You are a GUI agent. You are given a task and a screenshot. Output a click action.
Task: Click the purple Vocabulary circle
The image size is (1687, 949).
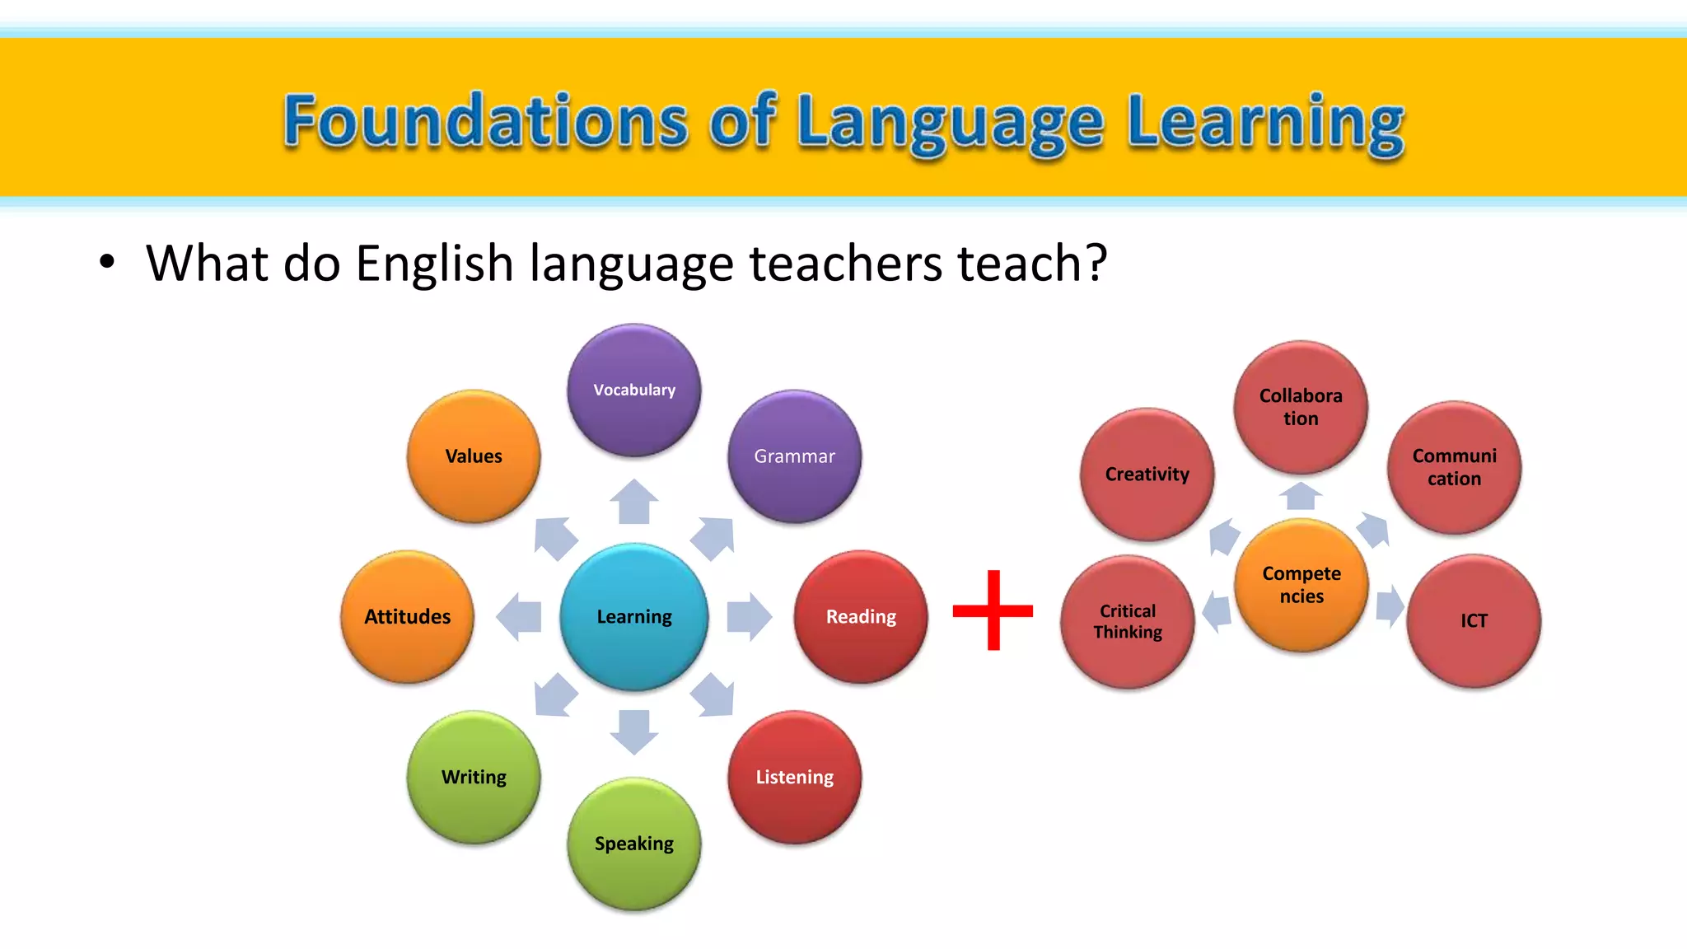pyautogui.click(x=633, y=390)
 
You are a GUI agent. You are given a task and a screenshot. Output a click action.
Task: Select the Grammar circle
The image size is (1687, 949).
pyautogui.click(x=794, y=456)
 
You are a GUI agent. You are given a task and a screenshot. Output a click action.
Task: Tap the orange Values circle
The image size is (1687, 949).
pyautogui.click(x=474, y=456)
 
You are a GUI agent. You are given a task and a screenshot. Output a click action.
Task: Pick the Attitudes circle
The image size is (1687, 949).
pyautogui.click(x=408, y=617)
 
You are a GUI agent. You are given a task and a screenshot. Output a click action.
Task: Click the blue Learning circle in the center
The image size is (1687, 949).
pyautogui.click(x=633, y=617)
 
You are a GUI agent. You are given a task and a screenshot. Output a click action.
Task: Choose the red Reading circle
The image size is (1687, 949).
pyautogui.click(x=861, y=617)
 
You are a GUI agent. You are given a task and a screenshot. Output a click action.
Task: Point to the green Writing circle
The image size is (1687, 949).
pyautogui.click(x=474, y=777)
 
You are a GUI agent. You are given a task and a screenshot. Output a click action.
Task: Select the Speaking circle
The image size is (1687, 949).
pyautogui.click(x=633, y=844)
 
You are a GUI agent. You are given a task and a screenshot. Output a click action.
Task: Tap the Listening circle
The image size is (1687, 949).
pyautogui.click(x=794, y=777)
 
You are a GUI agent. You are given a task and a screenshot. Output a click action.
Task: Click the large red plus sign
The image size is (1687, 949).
pyautogui.click(x=993, y=610)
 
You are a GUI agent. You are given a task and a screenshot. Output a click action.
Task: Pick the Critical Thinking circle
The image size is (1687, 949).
pyautogui.click(x=1128, y=622)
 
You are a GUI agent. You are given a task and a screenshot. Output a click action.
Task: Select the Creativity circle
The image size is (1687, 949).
pyautogui.click(x=1147, y=474)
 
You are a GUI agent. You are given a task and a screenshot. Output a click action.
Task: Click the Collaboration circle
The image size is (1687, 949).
pyautogui.click(x=1301, y=407)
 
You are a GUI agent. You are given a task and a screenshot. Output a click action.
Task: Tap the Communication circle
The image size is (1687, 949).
pyautogui.click(x=1454, y=467)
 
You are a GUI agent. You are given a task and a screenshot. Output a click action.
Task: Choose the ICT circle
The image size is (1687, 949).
pyautogui.click(x=1474, y=621)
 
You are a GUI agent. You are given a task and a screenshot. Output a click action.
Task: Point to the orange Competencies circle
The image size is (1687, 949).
pyautogui.click(x=1301, y=585)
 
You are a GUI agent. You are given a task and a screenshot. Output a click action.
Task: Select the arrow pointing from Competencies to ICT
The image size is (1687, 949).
pyautogui.click(x=1390, y=606)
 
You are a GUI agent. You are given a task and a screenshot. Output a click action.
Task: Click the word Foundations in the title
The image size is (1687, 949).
pyautogui.click(x=485, y=122)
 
